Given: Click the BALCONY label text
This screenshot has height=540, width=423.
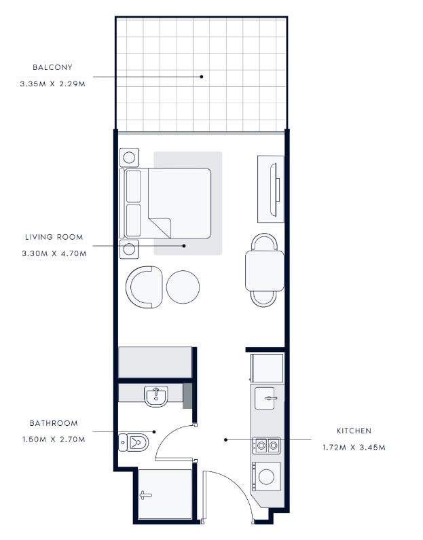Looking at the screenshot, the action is (x=52, y=67).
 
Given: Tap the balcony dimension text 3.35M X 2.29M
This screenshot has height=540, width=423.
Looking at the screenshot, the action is (x=53, y=84).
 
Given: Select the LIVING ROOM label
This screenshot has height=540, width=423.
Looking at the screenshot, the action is (x=54, y=237).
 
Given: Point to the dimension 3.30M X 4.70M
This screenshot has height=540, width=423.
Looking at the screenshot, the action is (x=54, y=254).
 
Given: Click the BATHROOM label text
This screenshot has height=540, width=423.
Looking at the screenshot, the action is (x=54, y=423).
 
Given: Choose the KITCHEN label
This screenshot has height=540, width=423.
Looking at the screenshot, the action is (x=354, y=431).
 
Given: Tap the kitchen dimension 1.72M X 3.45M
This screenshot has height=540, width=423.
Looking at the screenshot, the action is (x=354, y=448).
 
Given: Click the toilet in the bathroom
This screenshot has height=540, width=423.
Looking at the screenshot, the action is (x=134, y=442).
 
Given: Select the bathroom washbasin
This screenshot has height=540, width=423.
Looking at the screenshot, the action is (x=156, y=396).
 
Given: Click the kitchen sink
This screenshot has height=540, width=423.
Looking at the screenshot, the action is (x=265, y=398).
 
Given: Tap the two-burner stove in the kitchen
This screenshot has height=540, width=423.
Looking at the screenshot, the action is (x=266, y=446).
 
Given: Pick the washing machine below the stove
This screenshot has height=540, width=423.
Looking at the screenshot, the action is (x=266, y=477).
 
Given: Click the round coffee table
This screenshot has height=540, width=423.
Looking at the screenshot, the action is (x=183, y=287).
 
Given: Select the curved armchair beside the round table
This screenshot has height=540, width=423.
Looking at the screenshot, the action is (x=144, y=287).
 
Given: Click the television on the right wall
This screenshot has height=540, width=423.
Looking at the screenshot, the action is (x=274, y=190).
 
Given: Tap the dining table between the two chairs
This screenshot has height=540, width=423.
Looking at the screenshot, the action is (x=265, y=271).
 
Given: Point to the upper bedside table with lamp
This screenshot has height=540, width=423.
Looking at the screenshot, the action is (x=129, y=158).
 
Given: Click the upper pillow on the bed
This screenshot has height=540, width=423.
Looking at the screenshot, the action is (x=133, y=186).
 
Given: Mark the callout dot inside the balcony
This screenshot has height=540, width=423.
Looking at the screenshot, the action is (x=202, y=77).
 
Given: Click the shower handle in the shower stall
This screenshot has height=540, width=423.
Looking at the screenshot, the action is (x=145, y=495).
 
